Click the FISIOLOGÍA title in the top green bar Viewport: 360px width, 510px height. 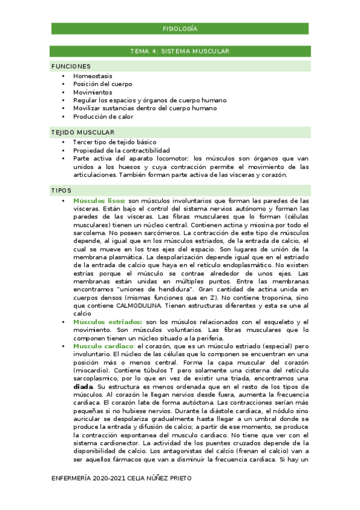180,29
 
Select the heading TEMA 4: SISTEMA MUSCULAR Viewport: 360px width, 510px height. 180,52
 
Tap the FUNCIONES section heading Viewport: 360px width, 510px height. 71,66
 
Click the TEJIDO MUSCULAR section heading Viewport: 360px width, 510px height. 83,132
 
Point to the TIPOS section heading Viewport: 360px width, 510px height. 61,191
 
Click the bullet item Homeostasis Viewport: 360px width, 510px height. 93,76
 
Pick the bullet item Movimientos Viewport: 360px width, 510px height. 93,93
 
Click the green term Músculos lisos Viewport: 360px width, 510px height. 99,200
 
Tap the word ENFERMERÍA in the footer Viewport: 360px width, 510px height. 72,478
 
